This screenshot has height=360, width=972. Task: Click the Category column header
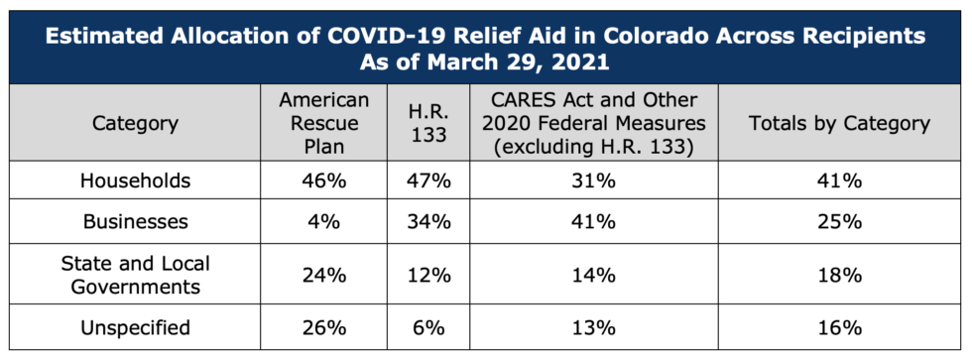pyautogui.click(x=135, y=123)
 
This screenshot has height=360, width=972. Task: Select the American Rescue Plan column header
pyautogui.click(x=324, y=123)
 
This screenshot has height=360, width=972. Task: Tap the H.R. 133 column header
pyautogui.click(x=428, y=123)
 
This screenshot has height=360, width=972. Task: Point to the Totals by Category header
pyautogui.click(x=839, y=123)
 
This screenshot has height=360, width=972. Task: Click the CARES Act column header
pyautogui.click(x=594, y=123)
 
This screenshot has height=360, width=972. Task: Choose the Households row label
pyautogui.click(x=135, y=180)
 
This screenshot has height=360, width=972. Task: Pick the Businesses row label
pyautogui.click(x=135, y=221)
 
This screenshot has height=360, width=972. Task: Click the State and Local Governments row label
pyautogui.click(x=135, y=275)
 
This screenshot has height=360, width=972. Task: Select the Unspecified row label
pyautogui.click(x=135, y=327)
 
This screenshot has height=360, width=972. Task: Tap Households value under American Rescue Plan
pyautogui.click(x=324, y=180)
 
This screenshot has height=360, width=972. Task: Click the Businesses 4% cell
pyautogui.click(x=324, y=222)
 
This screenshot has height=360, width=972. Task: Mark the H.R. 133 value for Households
pyautogui.click(x=428, y=180)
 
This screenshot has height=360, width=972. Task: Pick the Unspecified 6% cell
pyautogui.click(x=428, y=328)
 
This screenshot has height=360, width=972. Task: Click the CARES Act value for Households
pyautogui.click(x=594, y=180)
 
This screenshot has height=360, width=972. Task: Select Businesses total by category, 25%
pyautogui.click(x=839, y=222)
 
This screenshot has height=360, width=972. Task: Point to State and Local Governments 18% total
pyautogui.click(x=839, y=275)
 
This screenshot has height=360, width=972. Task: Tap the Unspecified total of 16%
pyautogui.click(x=839, y=328)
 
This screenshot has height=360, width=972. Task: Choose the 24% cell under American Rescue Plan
pyautogui.click(x=324, y=275)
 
